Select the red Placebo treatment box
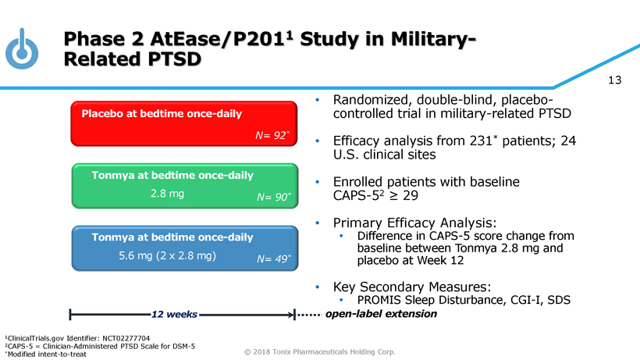pos(187,123)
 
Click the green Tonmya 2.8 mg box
pos(187,186)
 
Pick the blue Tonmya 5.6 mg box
pos(187,248)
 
